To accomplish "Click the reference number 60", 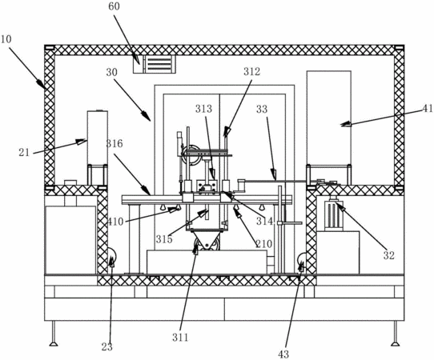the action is (114, 6).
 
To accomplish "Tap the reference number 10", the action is (6, 39).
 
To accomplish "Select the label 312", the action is (252, 71).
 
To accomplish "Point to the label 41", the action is (428, 108).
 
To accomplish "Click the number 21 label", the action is (24, 152).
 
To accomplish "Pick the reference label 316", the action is (115, 143).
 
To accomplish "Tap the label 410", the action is (115, 221).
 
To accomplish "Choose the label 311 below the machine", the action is (180, 337).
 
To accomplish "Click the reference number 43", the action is (283, 354).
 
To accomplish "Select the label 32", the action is (388, 255).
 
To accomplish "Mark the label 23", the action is (106, 346).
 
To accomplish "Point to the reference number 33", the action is (262, 109).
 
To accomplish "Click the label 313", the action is (203, 109).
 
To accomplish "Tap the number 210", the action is (263, 243).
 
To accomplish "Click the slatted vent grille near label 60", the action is (160, 64).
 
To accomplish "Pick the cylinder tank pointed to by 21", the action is (98, 138).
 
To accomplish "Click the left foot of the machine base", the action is (54, 334).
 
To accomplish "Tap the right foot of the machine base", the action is (396, 334).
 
